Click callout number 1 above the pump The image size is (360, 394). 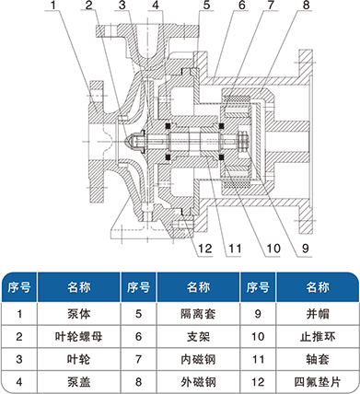[x=54, y=6]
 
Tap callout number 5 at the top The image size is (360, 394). [x=206, y=6]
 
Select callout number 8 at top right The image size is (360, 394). [x=307, y=6]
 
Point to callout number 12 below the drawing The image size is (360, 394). [x=205, y=249]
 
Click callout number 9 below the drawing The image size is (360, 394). [x=305, y=249]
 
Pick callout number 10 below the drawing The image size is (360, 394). [x=273, y=249]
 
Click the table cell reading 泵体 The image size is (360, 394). [x=79, y=314]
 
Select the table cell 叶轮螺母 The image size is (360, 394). [x=79, y=337]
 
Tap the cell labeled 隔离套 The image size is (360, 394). [x=198, y=314]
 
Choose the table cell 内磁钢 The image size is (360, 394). [x=198, y=359]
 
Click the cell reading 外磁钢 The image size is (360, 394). [x=198, y=382]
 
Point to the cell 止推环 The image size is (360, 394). [x=318, y=337]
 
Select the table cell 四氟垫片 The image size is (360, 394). [x=318, y=382]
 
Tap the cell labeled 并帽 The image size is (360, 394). [x=318, y=314]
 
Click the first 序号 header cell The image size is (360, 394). [x=19, y=287]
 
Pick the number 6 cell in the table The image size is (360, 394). [x=139, y=337]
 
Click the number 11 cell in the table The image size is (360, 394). [x=258, y=359]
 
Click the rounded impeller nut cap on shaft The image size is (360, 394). [x=134, y=142]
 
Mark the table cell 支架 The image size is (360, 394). [x=198, y=337]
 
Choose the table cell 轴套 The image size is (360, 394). [x=318, y=359]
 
